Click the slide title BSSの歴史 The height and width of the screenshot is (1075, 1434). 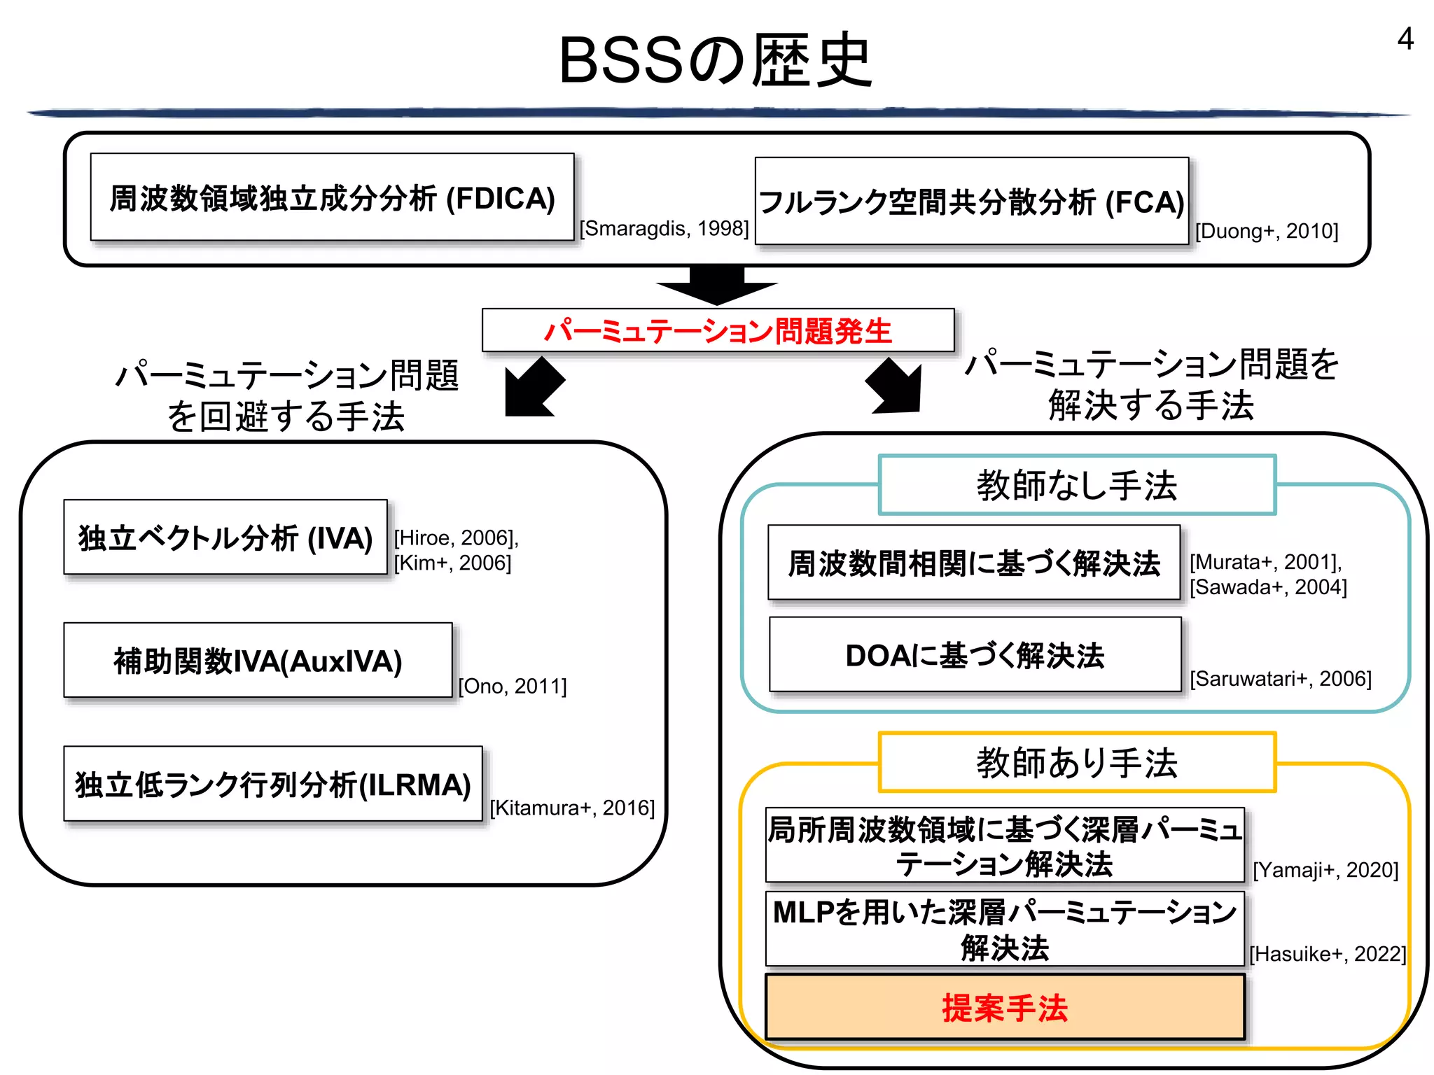coord(716,62)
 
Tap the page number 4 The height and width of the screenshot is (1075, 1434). coord(1405,39)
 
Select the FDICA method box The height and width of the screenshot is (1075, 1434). coord(332,198)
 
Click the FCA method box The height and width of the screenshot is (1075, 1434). coord(972,202)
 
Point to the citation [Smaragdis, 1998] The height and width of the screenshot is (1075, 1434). coord(664,229)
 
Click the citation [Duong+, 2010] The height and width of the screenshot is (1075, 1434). coord(1267,231)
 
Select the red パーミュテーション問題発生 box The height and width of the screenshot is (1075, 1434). coord(718,330)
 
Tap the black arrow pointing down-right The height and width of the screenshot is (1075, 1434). coord(896,386)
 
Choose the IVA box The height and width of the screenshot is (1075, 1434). coord(225,537)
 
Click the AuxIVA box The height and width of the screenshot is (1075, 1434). coord(258,661)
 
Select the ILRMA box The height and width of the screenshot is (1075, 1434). coord(273,784)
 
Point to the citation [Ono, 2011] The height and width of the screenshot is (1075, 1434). coord(513,686)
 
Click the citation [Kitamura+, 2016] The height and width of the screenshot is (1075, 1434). coord(572,808)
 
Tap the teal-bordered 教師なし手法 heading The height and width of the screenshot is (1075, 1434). coord(1077,485)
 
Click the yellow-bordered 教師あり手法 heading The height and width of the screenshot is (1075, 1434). coord(1077,762)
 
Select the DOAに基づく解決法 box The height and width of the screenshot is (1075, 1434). coord(975,655)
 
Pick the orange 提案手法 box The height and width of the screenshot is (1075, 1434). coord(1005,1008)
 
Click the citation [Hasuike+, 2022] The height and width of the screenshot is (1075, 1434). coord(1328,954)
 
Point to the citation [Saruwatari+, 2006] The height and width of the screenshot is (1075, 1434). coord(1281,679)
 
